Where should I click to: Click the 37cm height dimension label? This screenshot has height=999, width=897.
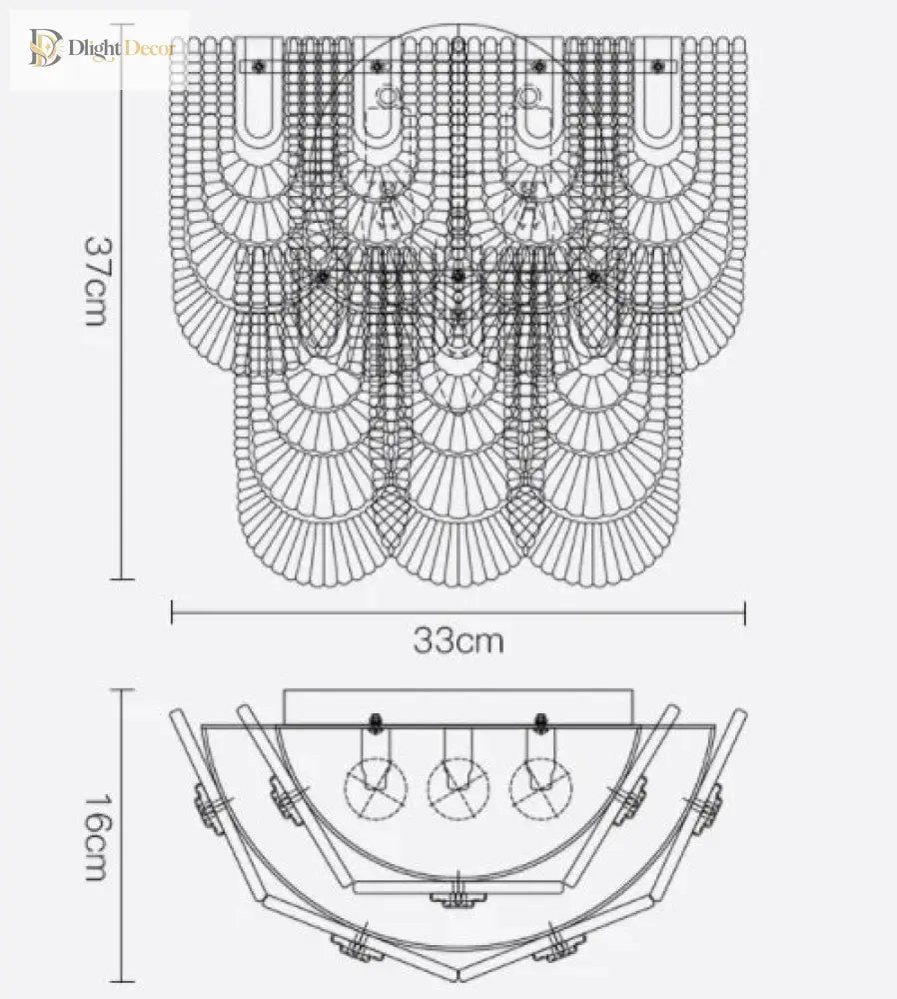[x=96, y=282]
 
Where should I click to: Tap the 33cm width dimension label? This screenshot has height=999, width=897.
[x=458, y=640]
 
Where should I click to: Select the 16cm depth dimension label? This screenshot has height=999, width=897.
[x=96, y=836]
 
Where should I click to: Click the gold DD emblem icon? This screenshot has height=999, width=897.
[x=45, y=47]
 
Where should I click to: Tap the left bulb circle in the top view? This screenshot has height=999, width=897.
[x=376, y=789]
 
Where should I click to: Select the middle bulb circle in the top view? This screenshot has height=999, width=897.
[x=458, y=789]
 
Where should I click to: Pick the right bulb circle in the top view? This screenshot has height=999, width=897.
[x=540, y=789]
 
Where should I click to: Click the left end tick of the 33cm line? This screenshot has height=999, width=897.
[x=172, y=612]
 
